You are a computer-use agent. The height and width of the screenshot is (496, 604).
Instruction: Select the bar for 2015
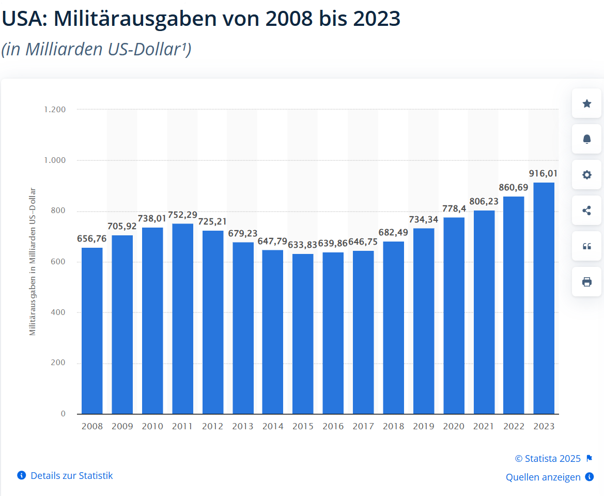pos(303,334)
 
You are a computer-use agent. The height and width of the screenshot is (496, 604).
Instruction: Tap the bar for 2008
pos(92,330)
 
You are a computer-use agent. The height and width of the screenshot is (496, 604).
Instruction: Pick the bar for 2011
pos(182,319)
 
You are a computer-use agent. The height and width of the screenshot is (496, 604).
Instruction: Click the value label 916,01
pos(543,173)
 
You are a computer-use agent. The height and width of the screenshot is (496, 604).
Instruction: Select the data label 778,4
pos(454,208)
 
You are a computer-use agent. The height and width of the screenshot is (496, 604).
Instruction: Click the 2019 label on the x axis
pos(424,427)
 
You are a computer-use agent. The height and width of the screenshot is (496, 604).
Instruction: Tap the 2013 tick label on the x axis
pos(243,427)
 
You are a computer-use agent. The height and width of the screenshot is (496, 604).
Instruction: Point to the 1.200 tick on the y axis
pos(55,110)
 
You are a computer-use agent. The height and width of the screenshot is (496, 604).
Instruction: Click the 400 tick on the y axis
pos(58,312)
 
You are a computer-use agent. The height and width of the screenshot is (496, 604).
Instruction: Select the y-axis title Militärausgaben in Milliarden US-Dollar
pos(33,261)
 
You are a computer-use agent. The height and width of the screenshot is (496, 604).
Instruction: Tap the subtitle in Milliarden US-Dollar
pos(96,49)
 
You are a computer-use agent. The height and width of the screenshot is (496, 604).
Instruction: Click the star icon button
pos(586,103)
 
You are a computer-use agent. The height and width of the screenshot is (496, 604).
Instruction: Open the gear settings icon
pos(586,175)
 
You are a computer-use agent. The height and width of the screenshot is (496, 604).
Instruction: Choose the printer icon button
pos(586,282)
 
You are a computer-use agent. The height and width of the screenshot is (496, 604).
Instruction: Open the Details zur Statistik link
pos(71,475)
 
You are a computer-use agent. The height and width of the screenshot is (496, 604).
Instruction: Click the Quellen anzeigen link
pos(543,477)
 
